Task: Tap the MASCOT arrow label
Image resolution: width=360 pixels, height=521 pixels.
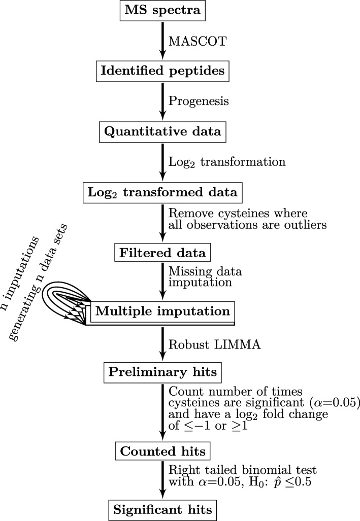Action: point(193,39)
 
